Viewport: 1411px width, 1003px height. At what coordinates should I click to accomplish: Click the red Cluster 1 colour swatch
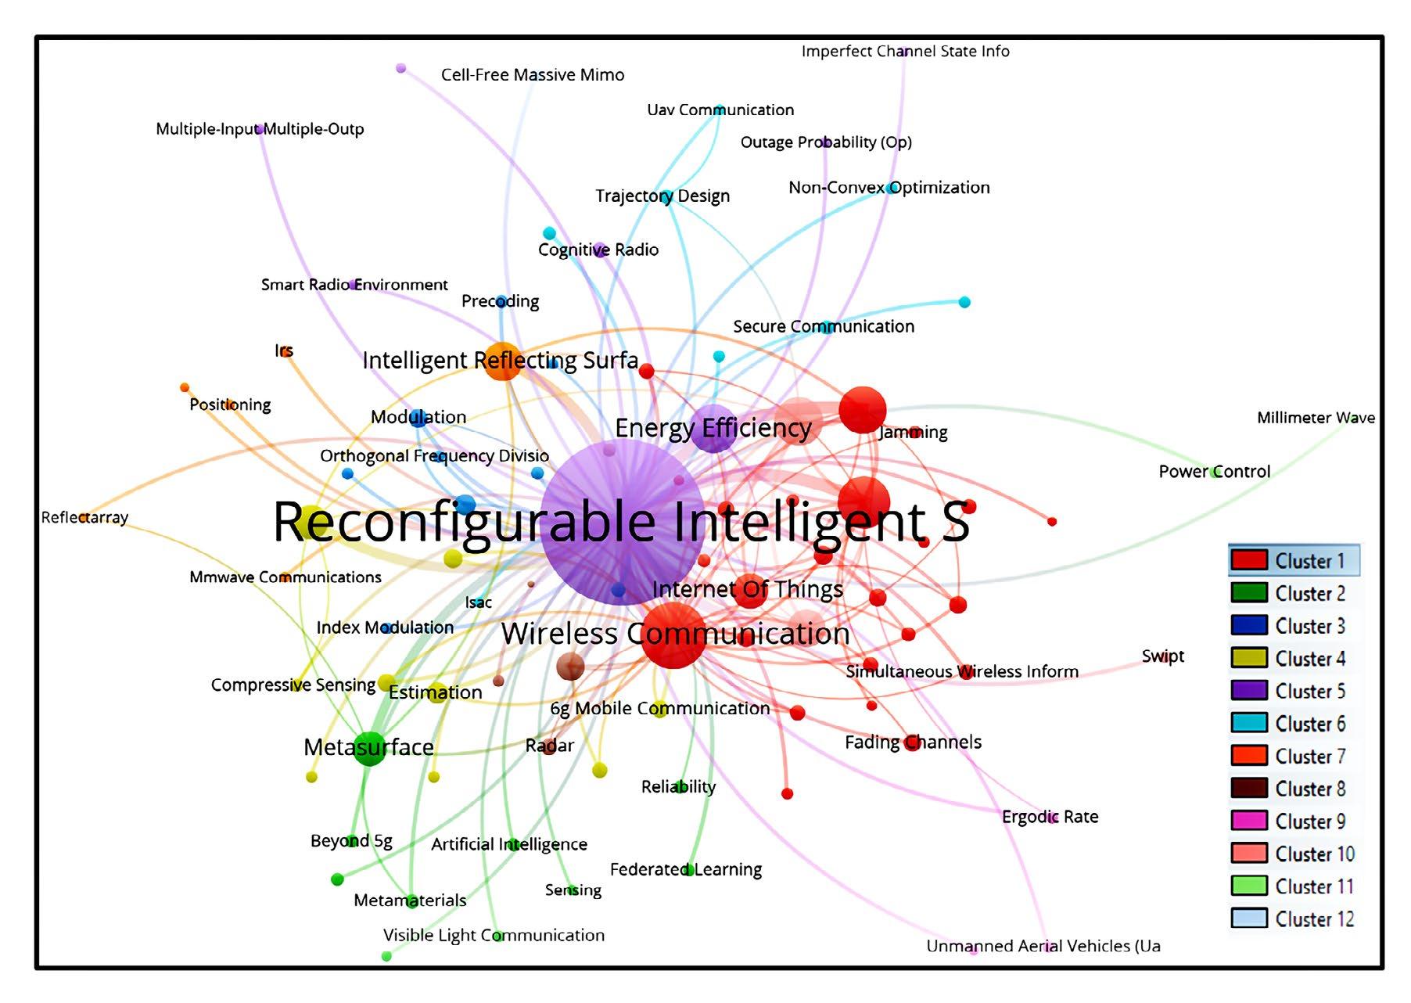pyautogui.click(x=1248, y=560)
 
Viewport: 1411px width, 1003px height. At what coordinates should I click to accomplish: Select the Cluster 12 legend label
pyautogui.click(x=1314, y=919)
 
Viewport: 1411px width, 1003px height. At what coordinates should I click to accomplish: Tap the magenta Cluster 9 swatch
pyautogui.click(x=1248, y=821)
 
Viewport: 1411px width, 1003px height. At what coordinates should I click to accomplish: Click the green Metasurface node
pyautogui.click(x=369, y=748)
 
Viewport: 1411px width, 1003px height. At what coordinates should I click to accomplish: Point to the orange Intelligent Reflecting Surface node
pyautogui.click(x=502, y=361)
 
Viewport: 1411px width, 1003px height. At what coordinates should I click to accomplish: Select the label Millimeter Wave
pyautogui.click(x=1316, y=418)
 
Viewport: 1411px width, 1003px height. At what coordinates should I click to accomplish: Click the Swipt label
pyautogui.click(x=1162, y=656)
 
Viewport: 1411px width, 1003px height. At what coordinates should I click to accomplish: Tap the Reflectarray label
pyautogui.click(x=84, y=517)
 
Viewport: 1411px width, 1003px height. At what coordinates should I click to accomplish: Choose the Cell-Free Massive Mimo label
pyautogui.click(x=533, y=75)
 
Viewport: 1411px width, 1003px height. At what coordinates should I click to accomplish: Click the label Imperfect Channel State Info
pyautogui.click(x=905, y=52)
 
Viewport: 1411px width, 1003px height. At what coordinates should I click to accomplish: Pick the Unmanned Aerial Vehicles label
pyautogui.click(x=1043, y=946)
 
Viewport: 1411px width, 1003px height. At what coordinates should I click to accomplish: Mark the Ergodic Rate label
pyautogui.click(x=1050, y=817)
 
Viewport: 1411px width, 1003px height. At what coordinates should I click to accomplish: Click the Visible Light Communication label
pyautogui.click(x=494, y=935)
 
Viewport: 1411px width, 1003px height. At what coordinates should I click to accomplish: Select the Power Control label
pyautogui.click(x=1214, y=472)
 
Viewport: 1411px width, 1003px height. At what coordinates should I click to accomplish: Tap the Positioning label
pyautogui.click(x=230, y=404)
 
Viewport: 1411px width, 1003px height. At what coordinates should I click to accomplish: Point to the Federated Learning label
pyautogui.click(x=685, y=869)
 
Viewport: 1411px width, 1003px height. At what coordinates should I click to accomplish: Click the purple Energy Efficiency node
pyautogui.click(x=713, y=429)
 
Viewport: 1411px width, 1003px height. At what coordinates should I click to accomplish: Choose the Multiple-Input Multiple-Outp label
pyautogui.click(x=260, y=129)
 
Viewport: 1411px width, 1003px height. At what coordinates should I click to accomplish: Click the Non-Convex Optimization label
pyautogui.click(x=889, y=188)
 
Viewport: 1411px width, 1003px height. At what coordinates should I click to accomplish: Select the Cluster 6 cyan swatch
pyautogui.click(x=1248, y=723)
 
